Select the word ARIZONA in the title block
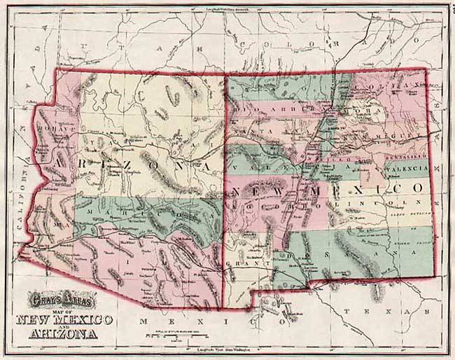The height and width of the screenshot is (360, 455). click(63, 333)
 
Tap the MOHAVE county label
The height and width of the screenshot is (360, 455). click(53, 130)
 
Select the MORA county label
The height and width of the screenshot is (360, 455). click(365, 111)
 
